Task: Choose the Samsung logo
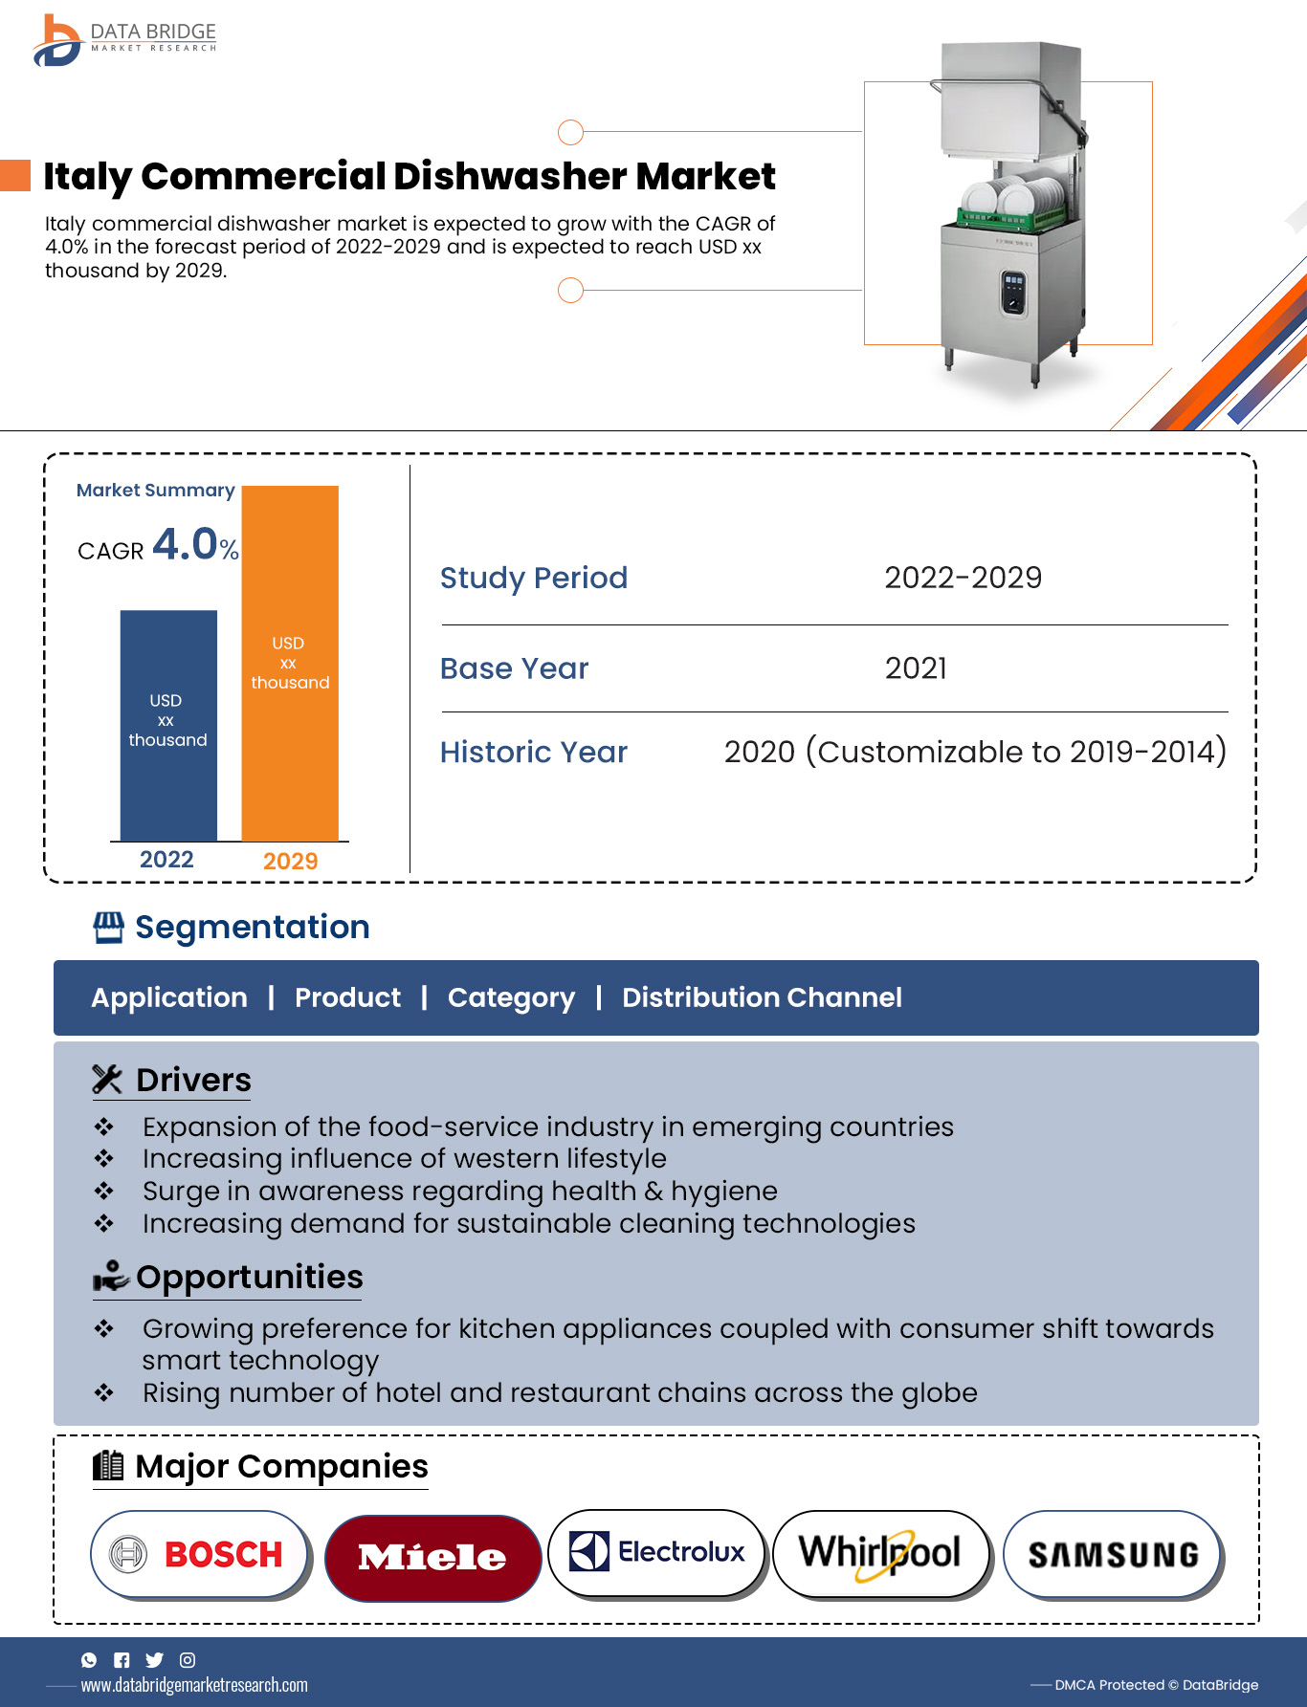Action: click(1112, 1555)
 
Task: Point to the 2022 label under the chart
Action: click(166, 860)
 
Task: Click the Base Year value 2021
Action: click(916, 668)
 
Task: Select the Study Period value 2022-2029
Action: click(963, 578)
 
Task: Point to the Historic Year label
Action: click(533, 753)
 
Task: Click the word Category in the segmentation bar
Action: click(511, 997)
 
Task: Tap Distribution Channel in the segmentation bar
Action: click(762, 997)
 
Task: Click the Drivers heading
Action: click(193, 1080)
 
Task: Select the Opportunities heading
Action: click(249, 1278)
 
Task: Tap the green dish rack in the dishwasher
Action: click(1011, 218)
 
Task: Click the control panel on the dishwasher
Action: click(1013, 291)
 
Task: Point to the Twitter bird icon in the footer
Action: click(154, 1660)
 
